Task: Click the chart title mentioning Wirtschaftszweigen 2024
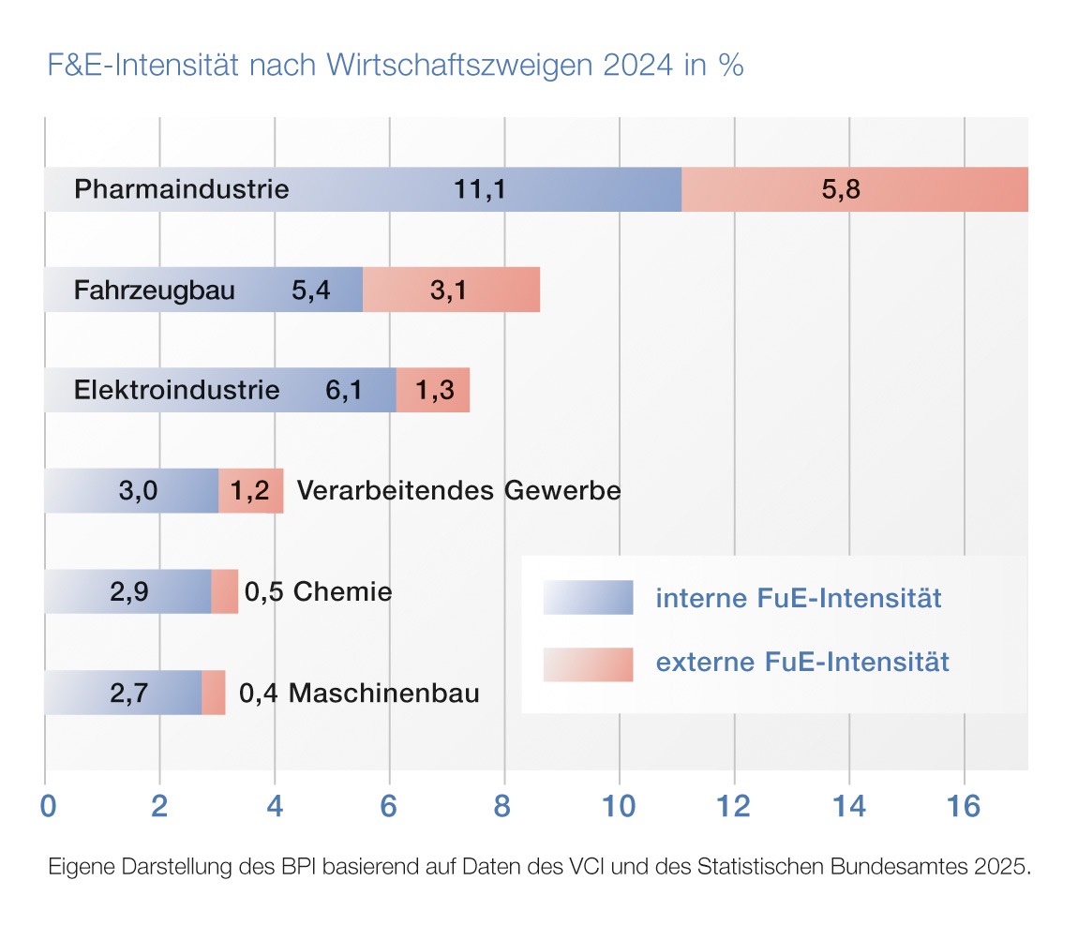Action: (x=395, y=66)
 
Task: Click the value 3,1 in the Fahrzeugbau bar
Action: (x=448, y=290)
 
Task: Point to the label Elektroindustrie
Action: (x=177, y=390)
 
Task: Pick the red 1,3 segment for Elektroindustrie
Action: (x=433, y=390)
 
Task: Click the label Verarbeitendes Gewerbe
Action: (x=458, y=491)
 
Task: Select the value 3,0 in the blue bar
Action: (x=138, y=491)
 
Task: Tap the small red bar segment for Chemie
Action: (x=225, y=591)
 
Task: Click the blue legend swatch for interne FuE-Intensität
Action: (x=588, y=597)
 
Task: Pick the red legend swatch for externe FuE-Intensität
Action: (x=588, y=664)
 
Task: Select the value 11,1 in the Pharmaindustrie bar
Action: (x=480, y=189)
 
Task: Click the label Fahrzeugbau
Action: (x=155, y=290)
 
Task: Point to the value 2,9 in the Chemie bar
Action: (x=129, y=591)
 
